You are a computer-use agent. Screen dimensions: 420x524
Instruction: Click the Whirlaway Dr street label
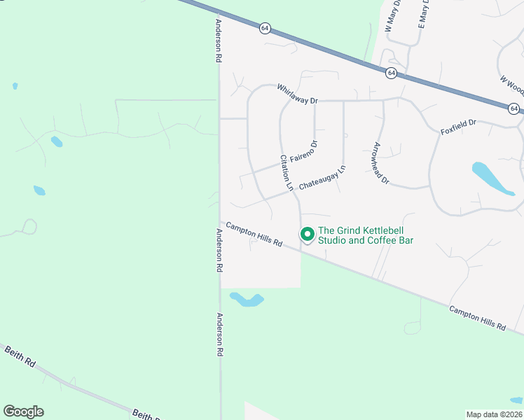[297, 94]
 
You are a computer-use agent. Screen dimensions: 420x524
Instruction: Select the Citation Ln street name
[286, 173]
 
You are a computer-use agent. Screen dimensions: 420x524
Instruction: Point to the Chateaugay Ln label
[322, 178]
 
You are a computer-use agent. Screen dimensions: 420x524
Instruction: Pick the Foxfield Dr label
[458, 127]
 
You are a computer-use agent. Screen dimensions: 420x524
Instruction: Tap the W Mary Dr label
[392, 16]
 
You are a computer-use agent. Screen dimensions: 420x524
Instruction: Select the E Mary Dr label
[423, 14]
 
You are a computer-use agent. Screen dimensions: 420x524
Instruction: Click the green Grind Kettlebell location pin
[307, 234]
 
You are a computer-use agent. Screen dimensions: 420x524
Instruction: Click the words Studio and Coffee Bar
[366, 241]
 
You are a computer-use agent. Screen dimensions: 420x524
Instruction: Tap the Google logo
[23, 412]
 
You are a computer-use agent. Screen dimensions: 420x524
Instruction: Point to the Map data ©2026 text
[495, 414]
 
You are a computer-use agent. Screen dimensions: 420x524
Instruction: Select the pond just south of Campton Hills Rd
[246, 300]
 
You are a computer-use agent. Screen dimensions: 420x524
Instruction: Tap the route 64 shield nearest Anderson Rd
[264, 28]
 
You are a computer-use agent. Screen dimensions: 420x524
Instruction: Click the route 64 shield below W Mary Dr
[391, 73]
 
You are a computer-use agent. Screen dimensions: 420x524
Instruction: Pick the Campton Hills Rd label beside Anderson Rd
[254, 234]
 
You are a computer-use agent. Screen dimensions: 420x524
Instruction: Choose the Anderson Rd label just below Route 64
[219, 41]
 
